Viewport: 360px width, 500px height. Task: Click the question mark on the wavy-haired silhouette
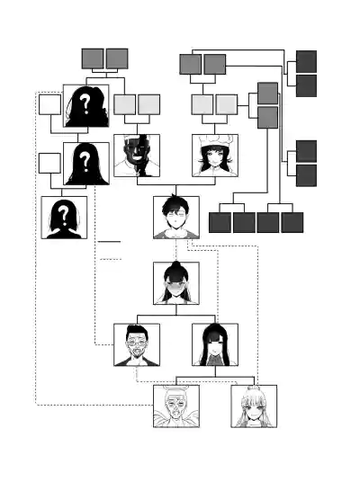85,104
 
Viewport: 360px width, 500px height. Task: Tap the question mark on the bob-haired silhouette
64,216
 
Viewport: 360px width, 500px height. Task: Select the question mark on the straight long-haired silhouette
85,161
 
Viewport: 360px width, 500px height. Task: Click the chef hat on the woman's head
214,140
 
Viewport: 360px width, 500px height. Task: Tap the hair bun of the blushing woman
175,265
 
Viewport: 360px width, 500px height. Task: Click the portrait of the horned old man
176,406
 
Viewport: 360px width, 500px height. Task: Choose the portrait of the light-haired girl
254,406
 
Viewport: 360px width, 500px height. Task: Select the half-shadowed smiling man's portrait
137,156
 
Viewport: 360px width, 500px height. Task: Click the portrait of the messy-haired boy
176,217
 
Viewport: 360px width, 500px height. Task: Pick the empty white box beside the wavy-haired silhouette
49,104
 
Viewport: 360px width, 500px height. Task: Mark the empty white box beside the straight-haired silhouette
49,164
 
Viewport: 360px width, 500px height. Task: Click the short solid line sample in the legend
109,242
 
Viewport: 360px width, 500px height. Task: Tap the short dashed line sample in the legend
111,259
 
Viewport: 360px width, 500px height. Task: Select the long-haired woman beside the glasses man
215,344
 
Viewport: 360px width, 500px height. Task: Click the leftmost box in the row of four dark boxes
220,223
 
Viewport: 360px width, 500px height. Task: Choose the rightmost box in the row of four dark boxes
292,223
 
